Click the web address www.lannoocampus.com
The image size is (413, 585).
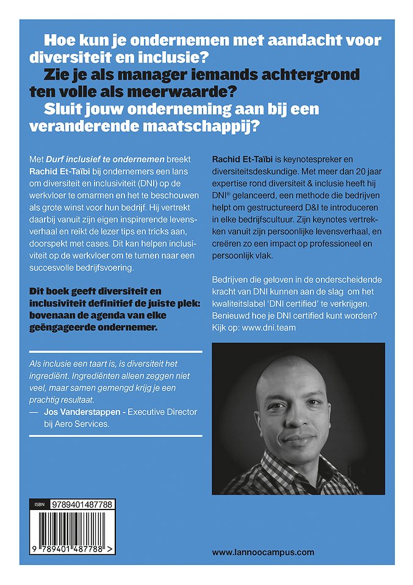(263, 552)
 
